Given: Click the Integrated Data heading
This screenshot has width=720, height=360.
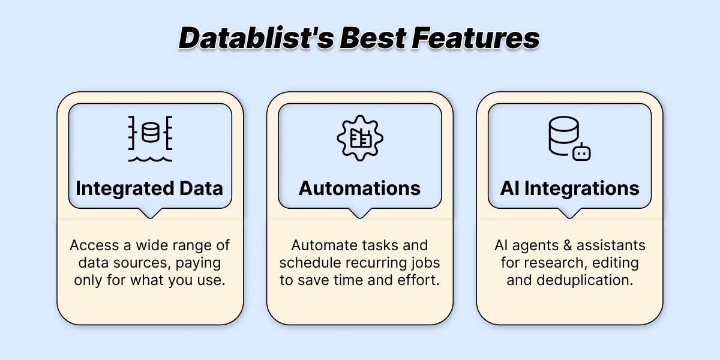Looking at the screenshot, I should pos(149,188).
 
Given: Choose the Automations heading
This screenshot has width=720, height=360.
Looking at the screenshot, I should pos(360,188).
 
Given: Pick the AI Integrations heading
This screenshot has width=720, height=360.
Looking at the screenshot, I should pos(570,188).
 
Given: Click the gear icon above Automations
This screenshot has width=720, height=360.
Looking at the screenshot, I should pos(360,139).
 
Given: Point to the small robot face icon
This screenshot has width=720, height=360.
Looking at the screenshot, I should pos(581,152).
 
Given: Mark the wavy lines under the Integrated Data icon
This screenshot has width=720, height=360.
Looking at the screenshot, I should pos(149,159).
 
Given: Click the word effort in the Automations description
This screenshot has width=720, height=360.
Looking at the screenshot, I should pos(421,280).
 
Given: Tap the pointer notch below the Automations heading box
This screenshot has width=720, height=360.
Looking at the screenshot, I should pos(360,213).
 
